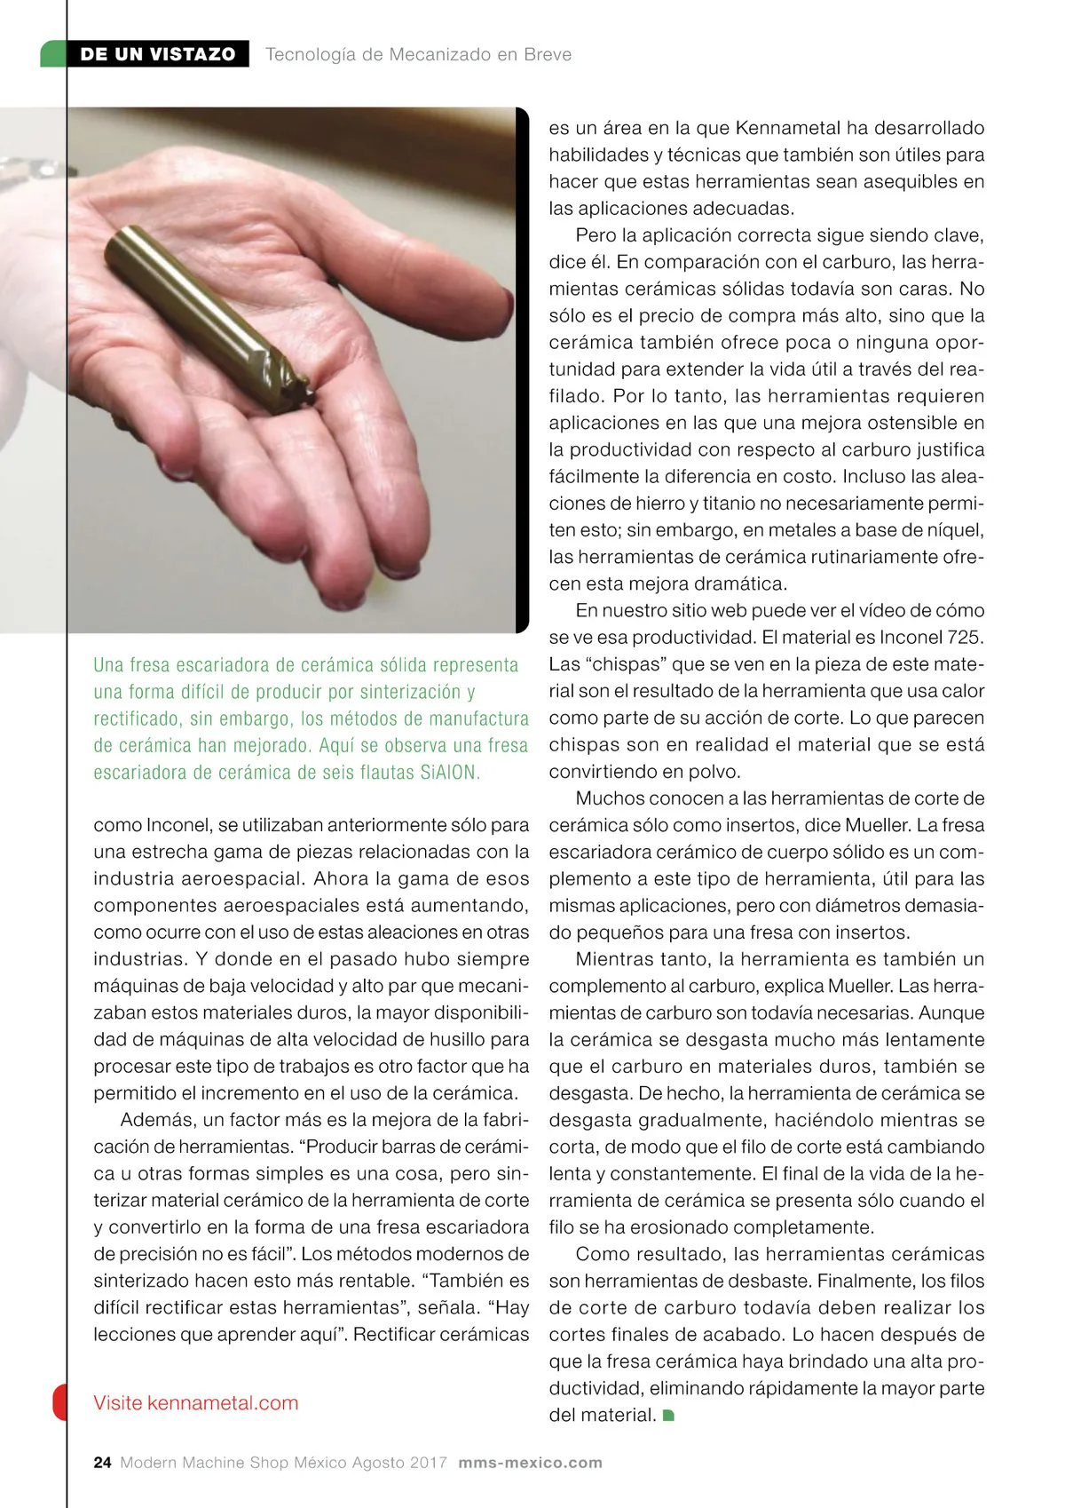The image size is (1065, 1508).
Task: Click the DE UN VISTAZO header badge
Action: click(x=157, y=54)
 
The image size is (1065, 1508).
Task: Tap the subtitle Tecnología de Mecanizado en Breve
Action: click(x=418, y=54)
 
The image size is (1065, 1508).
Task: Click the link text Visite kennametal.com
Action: click(x=195, y=1403)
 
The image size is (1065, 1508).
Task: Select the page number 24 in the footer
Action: click(x=102, y=1463)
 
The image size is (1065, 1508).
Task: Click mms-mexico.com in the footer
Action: click(x=530, y=1463)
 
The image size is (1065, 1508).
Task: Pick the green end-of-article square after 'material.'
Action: click(x=668, y=1415)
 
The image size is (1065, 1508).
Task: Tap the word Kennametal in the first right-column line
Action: click(x=787, y=128)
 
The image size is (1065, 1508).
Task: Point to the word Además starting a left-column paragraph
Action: click(x=156, y=1120)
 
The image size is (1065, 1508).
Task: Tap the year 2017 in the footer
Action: click(x=428, y=1463)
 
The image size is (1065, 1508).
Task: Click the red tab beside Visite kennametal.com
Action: click(x=59, y=1401)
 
